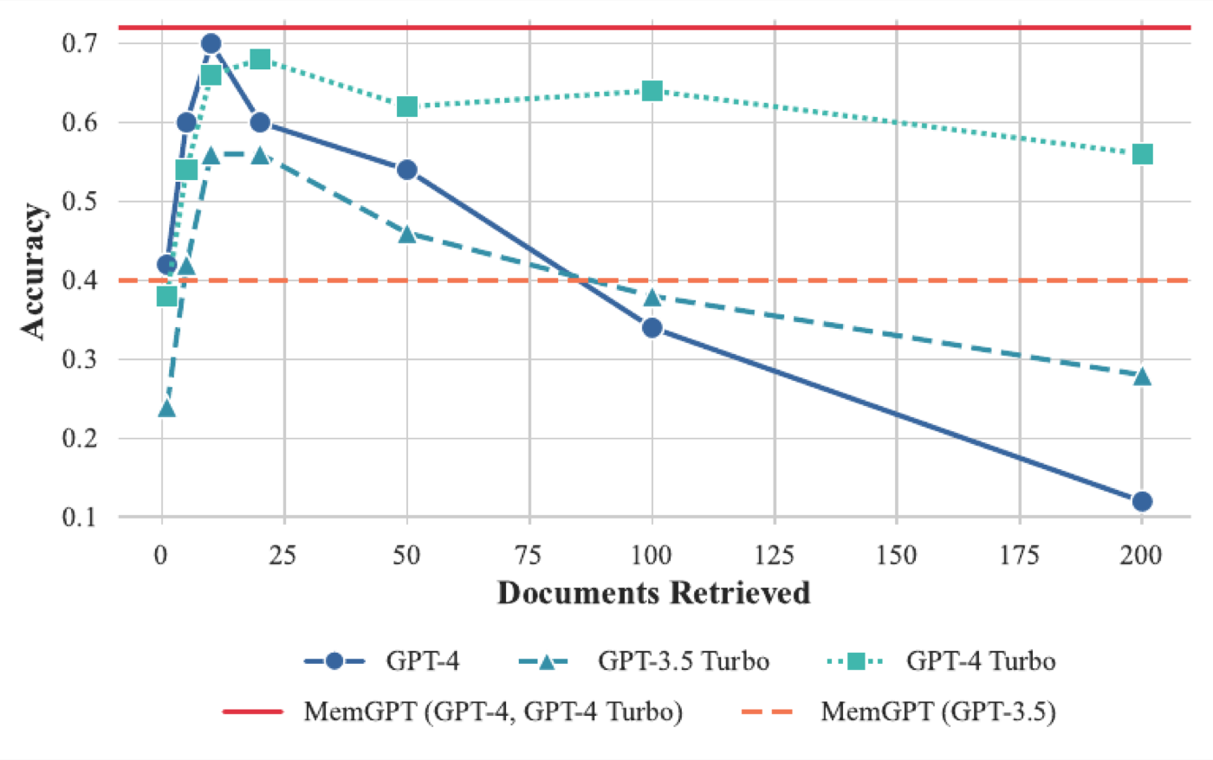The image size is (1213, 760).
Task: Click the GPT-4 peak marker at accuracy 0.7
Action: [x=211, y=43]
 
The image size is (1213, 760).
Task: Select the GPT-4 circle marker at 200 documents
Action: [x=1142, y=501]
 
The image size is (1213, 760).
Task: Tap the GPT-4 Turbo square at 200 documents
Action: [x=1142, y=154]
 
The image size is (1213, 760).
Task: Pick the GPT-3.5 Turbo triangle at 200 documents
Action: [x=1142, y=376]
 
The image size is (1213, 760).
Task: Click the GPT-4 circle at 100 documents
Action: [x=652, y=328]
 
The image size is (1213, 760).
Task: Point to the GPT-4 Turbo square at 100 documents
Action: [x=652, y=91]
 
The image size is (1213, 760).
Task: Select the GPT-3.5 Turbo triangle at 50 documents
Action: [x=407, y=235]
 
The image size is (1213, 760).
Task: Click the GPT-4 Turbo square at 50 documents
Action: [x=407, y=106]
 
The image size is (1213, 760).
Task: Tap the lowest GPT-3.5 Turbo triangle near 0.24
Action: [x=166, y=408]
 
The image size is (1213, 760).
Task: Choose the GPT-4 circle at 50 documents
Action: [x=407, y=170]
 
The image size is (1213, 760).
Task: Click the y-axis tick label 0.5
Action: [x=79, y=201]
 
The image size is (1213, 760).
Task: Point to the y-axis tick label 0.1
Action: [x=79, y=517]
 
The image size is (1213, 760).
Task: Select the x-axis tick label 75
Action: [x=529, y=555]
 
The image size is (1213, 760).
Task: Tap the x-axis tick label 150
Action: [x=897, y=555]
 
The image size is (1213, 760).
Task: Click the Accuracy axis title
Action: [x=34, y=272]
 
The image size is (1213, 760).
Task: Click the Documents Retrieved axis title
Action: [x=654, y=593]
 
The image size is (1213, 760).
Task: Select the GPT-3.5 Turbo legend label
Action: [x=684, y=661]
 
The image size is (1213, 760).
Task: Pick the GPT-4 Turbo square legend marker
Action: [x=856, y=661]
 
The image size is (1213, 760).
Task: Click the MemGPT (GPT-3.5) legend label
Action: [x=938, y=712]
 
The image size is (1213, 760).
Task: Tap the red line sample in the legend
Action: [x=253, y=712]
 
